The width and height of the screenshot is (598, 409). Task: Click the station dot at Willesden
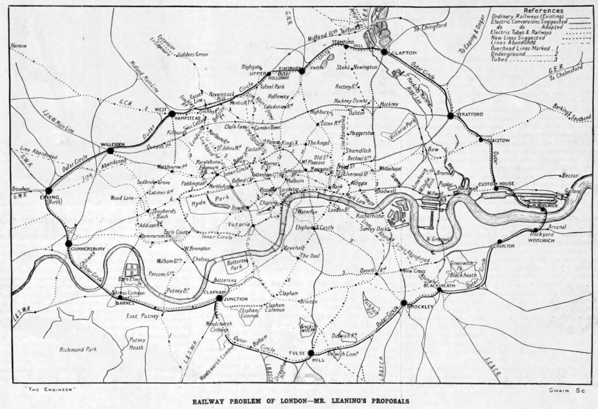coord(110,150)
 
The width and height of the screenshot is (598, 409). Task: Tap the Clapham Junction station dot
coord(220,298)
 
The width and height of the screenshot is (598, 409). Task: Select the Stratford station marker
coord(450,115)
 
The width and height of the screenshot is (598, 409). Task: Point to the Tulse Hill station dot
coord(311,353)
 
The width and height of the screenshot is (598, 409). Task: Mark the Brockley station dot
coord(404,303)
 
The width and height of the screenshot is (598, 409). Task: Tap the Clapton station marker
coord(384,52)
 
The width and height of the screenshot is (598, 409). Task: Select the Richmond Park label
coord(78,349)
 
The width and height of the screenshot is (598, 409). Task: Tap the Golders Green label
coord(193,55)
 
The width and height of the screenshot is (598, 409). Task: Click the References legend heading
coord(543,10)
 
